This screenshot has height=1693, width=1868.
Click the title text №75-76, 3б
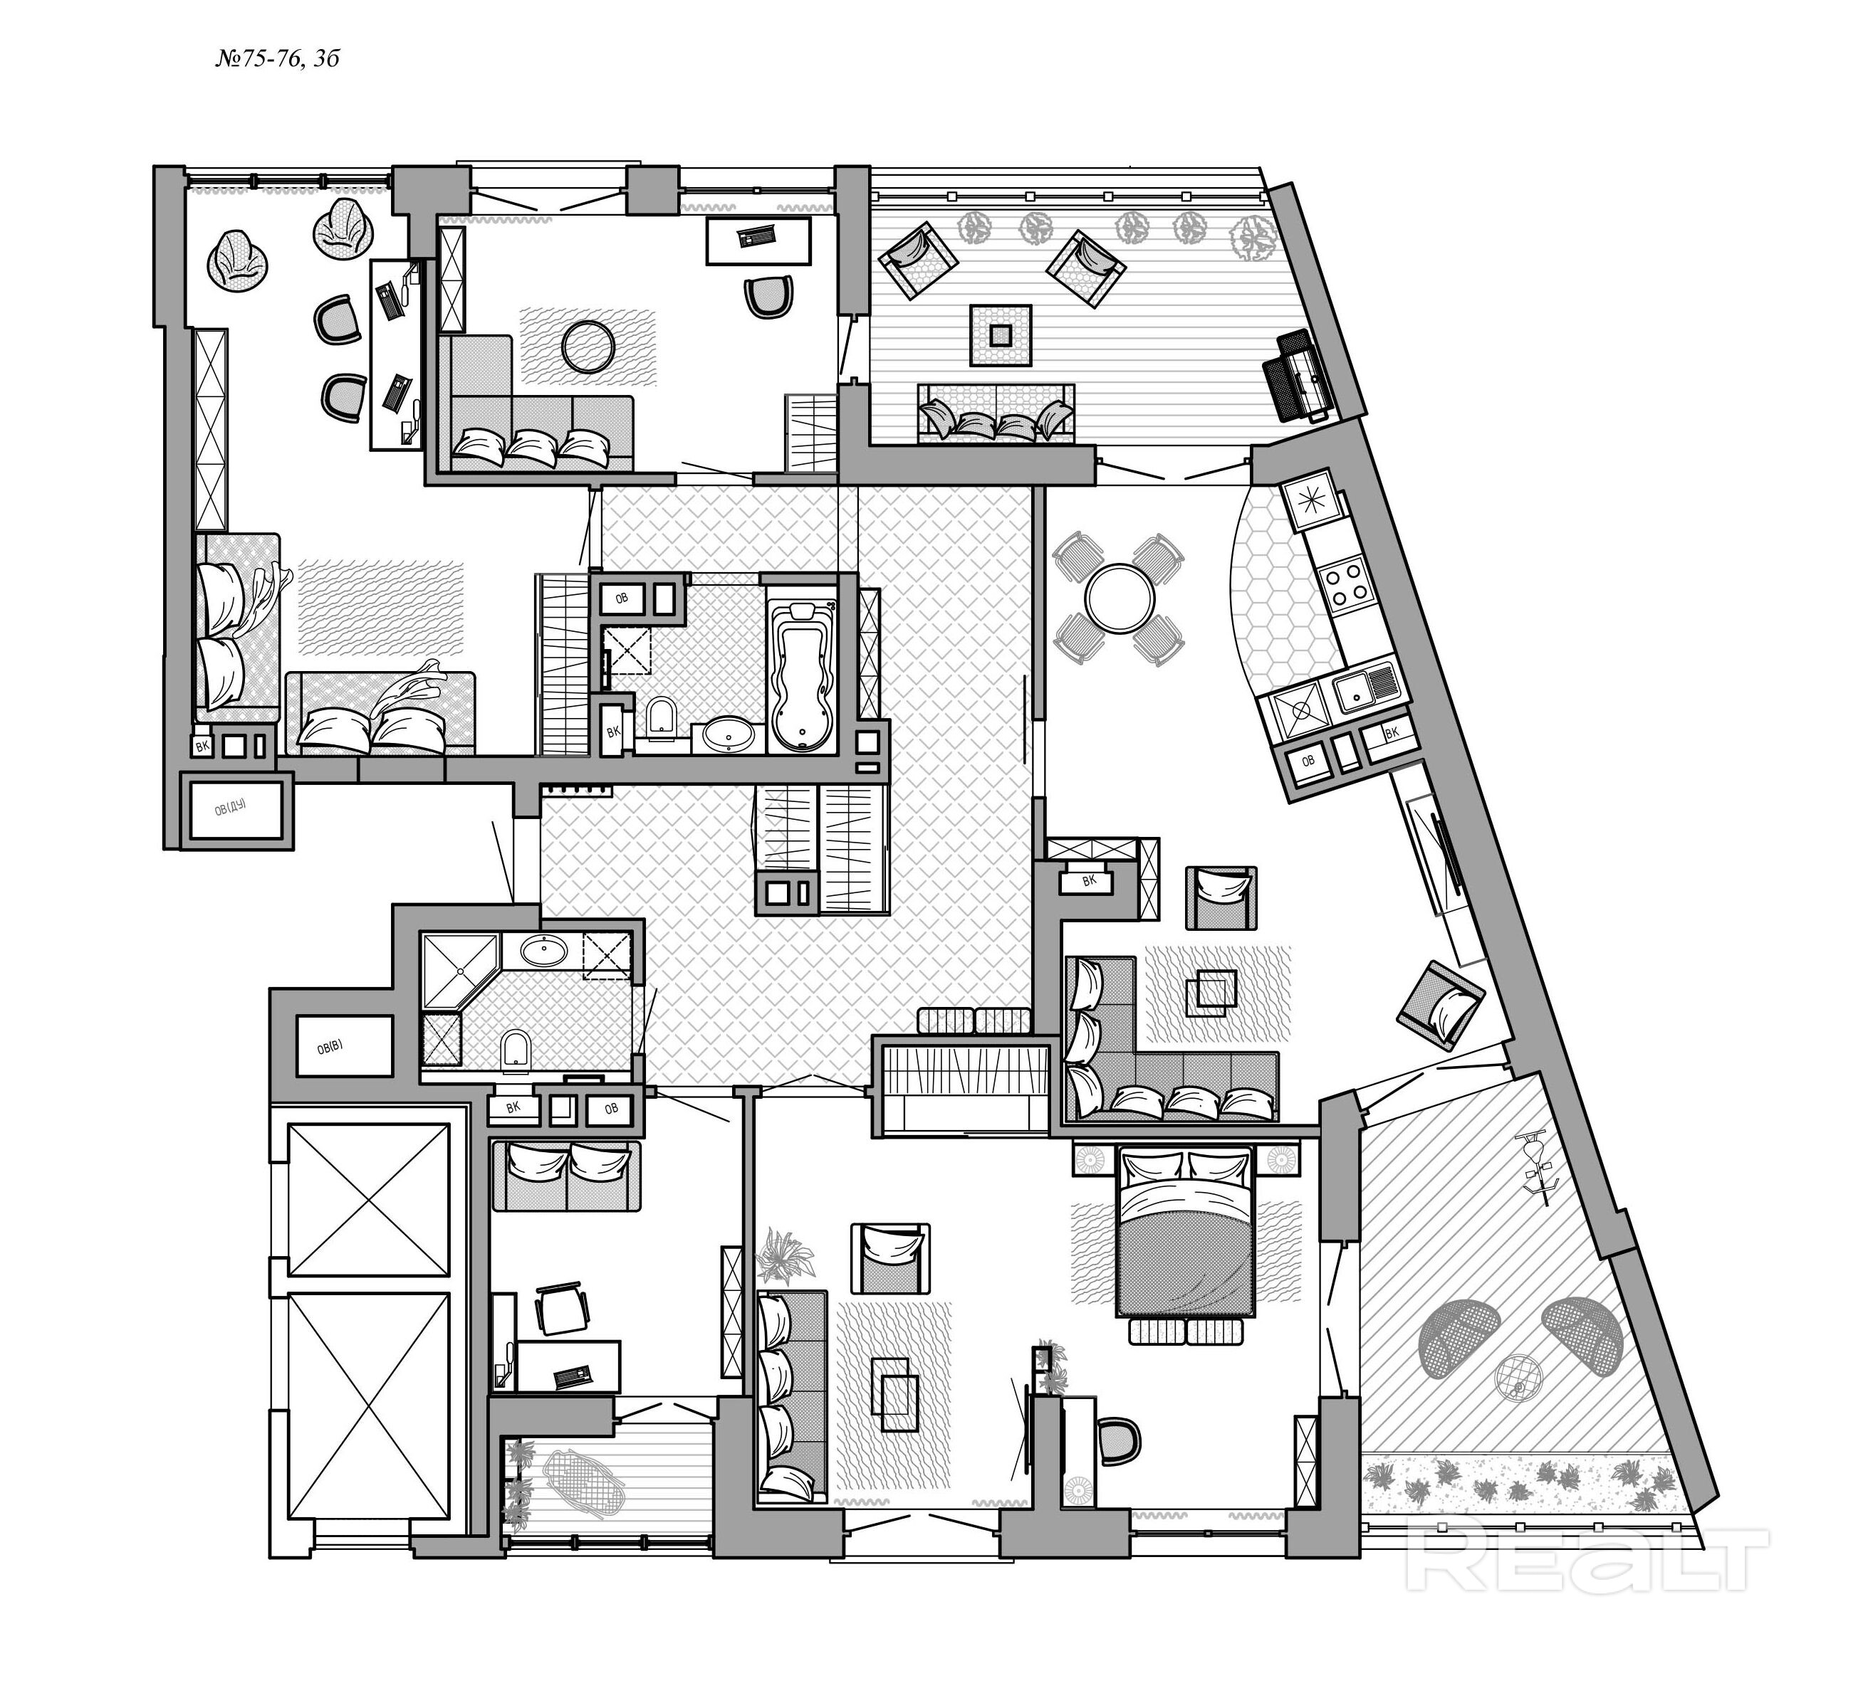coord(277,59)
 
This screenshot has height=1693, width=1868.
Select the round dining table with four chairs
coord(1120,599)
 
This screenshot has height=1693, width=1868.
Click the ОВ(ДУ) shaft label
coord(231,809)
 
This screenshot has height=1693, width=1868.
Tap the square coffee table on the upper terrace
coord(1001,334)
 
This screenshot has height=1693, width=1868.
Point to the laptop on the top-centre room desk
coord(758,236)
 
